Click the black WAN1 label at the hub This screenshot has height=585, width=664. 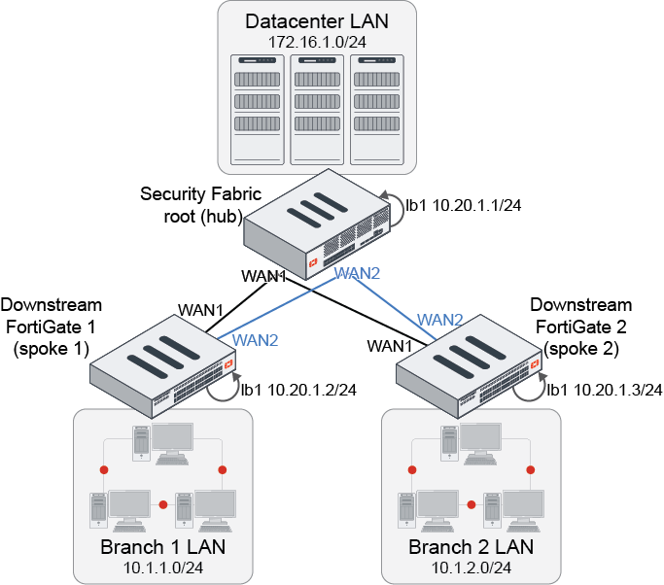pyautogui.click(x=263, y=277)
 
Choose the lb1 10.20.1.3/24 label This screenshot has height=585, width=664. pyautogui.click(x=604, y=390)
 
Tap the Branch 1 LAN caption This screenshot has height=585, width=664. pyautogui.click(x=162, y=547)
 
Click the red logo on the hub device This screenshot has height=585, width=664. pyautogui.click(x=314, y=262)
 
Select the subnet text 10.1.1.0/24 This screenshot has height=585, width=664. pyautogui.click(x=162, y=567)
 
